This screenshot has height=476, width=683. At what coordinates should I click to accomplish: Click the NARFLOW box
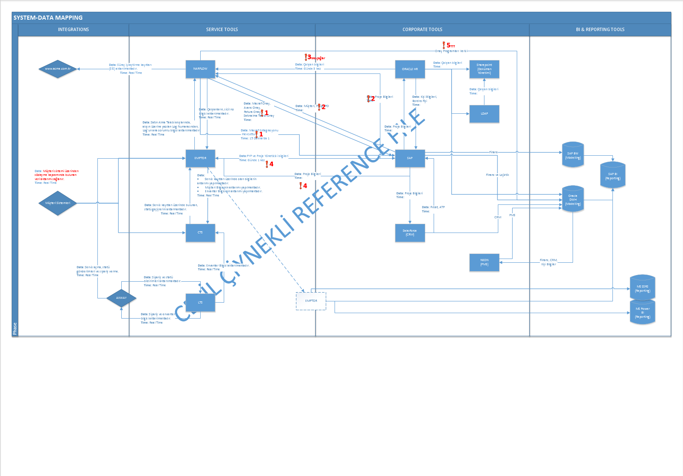tap(200, 69)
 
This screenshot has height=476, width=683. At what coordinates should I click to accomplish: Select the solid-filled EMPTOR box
tap(200, 158)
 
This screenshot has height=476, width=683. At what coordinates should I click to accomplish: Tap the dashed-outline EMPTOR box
tap(311, 301)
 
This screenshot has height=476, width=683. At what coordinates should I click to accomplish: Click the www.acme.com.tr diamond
tap(58, 69)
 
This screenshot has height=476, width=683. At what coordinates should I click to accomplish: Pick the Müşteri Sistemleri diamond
tap(58, 203)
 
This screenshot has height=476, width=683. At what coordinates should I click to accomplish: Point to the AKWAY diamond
tap(121, 298)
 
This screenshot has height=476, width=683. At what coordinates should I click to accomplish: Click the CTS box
tap(200, 233)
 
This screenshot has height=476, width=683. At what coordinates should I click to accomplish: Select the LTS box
tap(200, 303)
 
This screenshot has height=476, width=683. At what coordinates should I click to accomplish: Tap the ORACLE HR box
tap(410, 69)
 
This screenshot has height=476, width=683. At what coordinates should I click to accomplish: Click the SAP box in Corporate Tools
tap(410, 158)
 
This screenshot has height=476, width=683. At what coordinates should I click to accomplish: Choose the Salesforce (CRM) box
tap(410, 233)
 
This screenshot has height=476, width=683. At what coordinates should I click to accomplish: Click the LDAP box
tap(484, 114)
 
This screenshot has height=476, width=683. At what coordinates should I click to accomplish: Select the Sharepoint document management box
tap(484, 69)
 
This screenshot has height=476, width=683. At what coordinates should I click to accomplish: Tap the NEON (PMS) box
tap(484, 262)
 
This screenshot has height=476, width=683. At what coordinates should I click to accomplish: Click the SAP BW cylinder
tap(573, 155)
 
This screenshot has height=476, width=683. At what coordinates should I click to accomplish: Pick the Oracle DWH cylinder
tap(573, 200)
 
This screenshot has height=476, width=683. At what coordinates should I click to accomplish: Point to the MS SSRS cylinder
tap(642, 288)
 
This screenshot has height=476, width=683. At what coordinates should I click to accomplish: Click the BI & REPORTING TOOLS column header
tap(600, 29)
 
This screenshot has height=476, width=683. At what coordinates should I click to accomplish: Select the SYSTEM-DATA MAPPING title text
tap(48, 18)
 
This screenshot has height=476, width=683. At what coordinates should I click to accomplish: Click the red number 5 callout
tap(448, 45)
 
